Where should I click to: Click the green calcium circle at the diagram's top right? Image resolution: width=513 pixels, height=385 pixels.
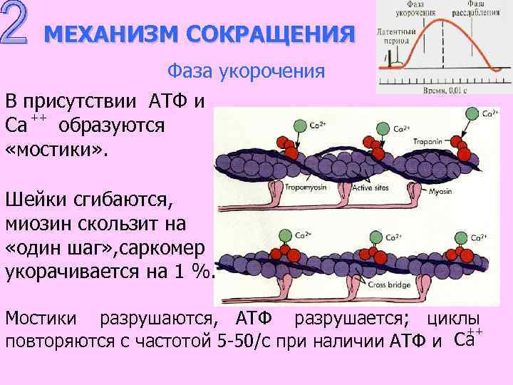[471, 113]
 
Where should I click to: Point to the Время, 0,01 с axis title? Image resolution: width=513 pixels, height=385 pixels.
[435, 92]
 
